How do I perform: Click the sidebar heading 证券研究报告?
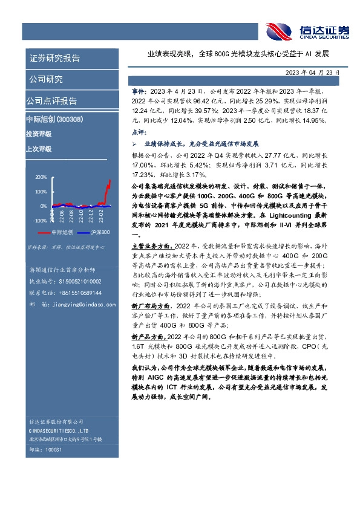pos(54,59)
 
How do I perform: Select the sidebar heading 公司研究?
pos(46,80)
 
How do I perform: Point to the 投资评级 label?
pos(39,134)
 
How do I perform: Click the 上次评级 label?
pos(39,148)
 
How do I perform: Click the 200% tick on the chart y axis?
pos(41,178)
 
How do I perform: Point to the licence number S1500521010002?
pos(80,281)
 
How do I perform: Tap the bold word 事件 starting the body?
pos(138,89)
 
